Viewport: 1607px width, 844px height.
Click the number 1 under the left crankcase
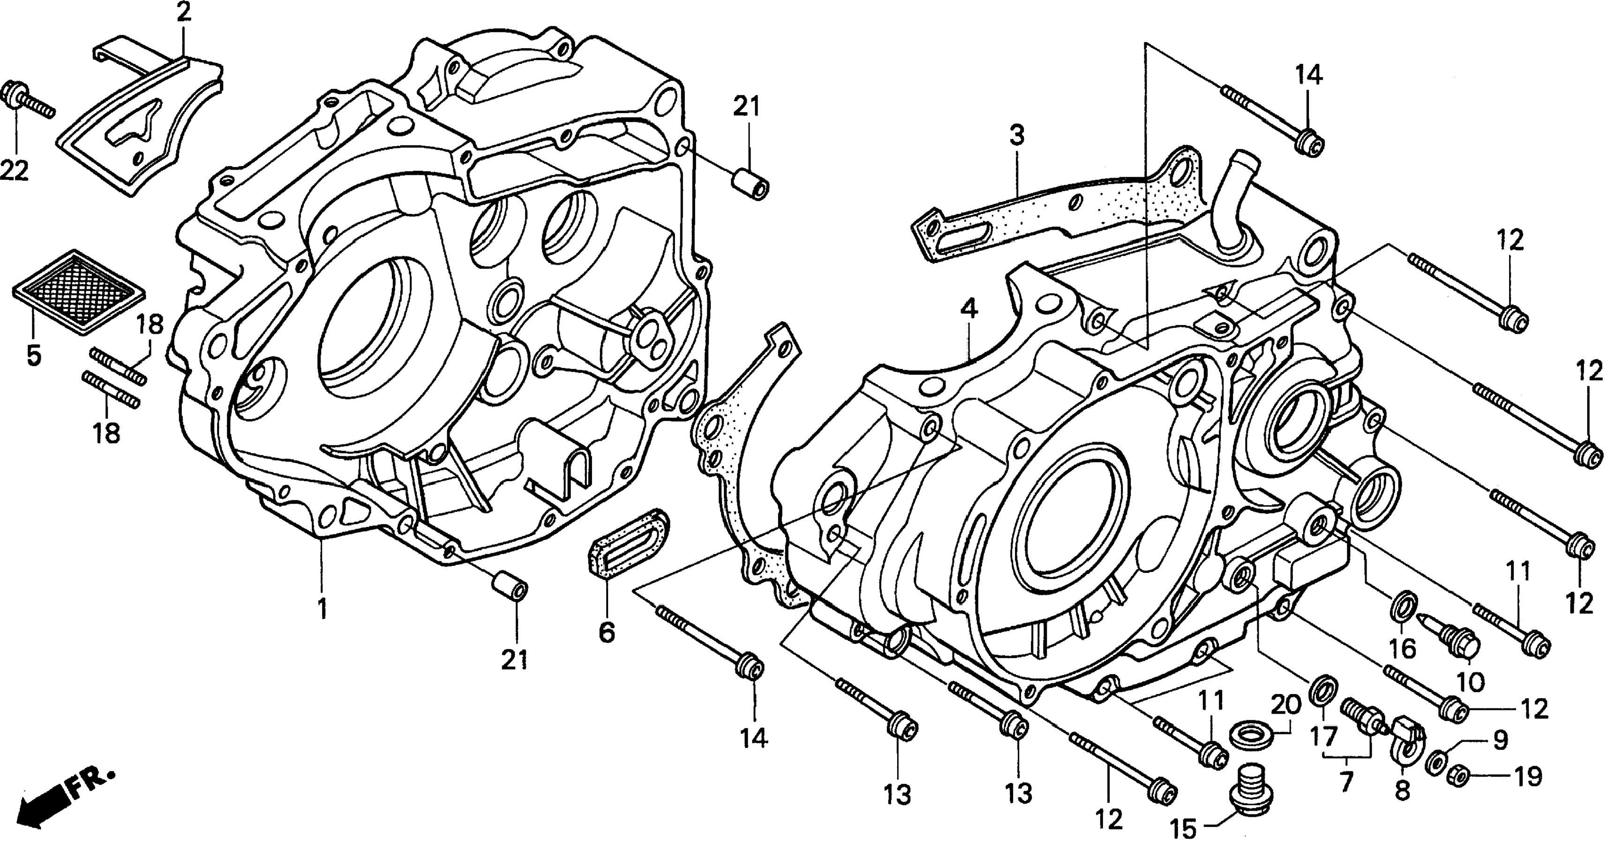(x=322, y=608)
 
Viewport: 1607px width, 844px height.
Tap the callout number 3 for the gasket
(x=1017, y=136)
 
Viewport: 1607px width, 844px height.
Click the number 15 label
(x=1183, y=829)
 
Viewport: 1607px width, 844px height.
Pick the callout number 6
(x=606, y=632)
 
